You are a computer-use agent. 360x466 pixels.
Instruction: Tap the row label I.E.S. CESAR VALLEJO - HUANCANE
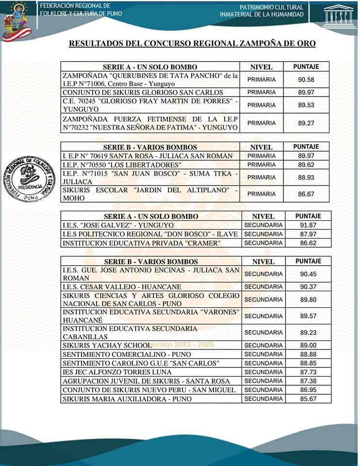pyautogui.click(x=122, y=287)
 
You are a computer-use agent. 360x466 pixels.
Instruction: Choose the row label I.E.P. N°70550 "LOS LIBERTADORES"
pyautogui.click(x=122, y=165)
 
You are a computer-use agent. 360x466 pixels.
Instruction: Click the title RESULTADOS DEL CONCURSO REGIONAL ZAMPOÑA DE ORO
pyautogui.click(x=192, y=44)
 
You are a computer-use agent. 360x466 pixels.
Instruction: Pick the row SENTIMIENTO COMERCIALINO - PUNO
pyautogui.click(x=125, y=354)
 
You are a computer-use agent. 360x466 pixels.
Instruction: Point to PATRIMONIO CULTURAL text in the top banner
pyautogui.click(x=272, y=7)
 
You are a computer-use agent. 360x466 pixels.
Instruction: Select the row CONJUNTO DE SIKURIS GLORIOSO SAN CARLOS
pyautogui.click(x=143, y=92)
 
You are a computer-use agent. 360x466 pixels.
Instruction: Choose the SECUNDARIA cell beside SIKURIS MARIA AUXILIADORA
pyautogui.click(x=263, y=399)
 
